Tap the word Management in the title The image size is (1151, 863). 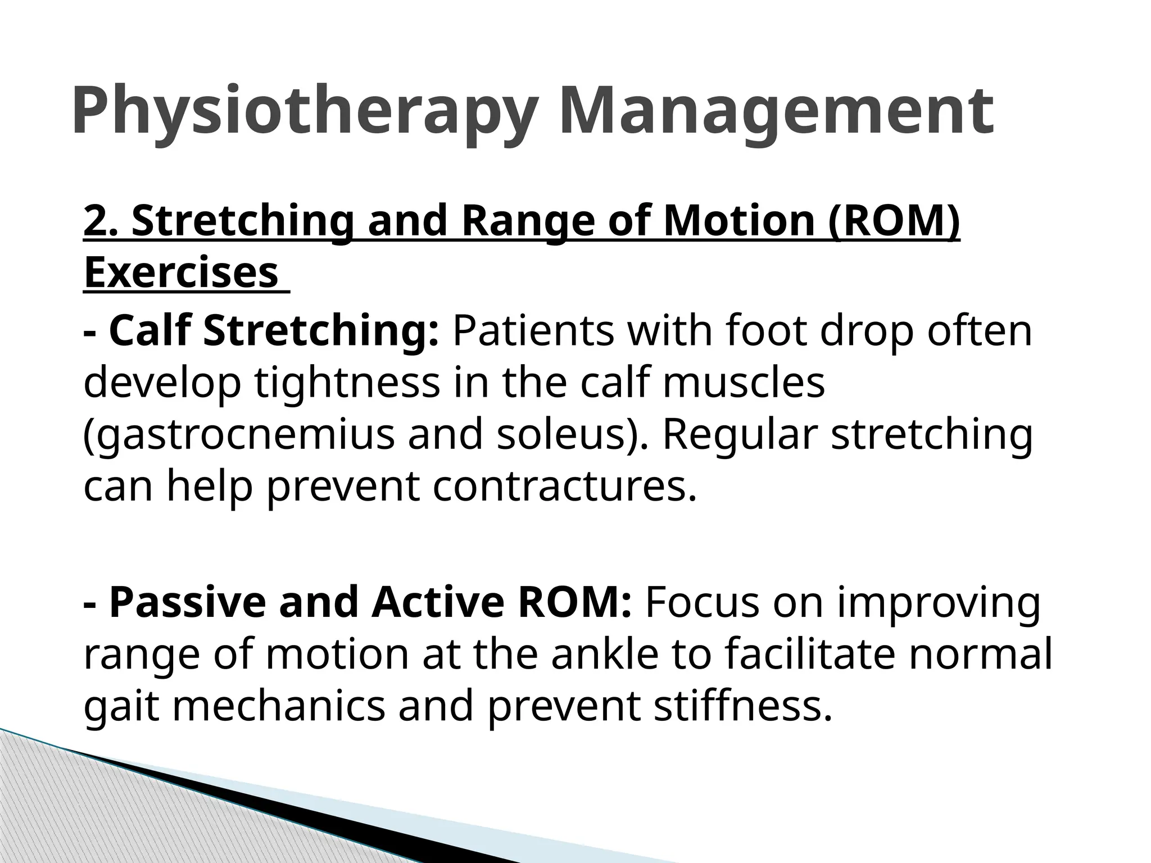[x=776, y=111]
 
